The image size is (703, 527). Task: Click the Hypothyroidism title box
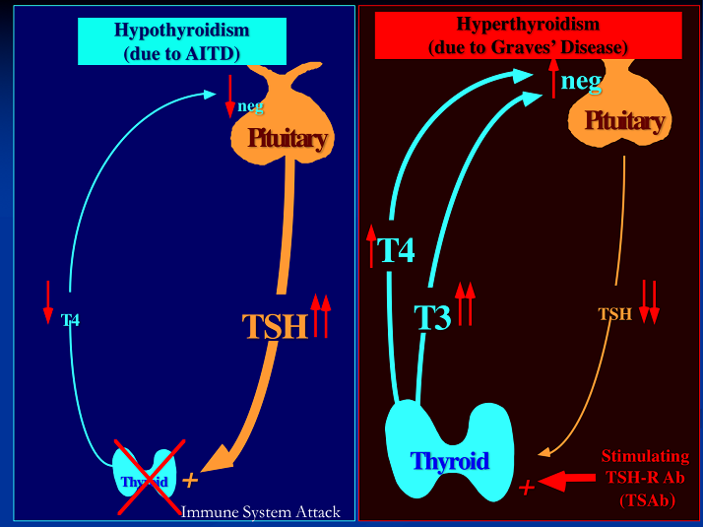182,41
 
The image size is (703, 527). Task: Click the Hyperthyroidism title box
529,35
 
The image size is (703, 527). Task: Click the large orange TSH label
275,326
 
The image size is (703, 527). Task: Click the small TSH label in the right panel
615,314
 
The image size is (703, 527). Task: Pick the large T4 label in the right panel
396,250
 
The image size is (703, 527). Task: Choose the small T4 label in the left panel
71,320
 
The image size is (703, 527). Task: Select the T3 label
431,317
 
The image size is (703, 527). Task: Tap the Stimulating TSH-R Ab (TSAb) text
644,478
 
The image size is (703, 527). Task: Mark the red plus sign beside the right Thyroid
527,487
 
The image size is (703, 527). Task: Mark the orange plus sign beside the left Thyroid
190,480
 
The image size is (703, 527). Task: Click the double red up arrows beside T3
466,302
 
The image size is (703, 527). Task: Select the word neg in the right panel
580,82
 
